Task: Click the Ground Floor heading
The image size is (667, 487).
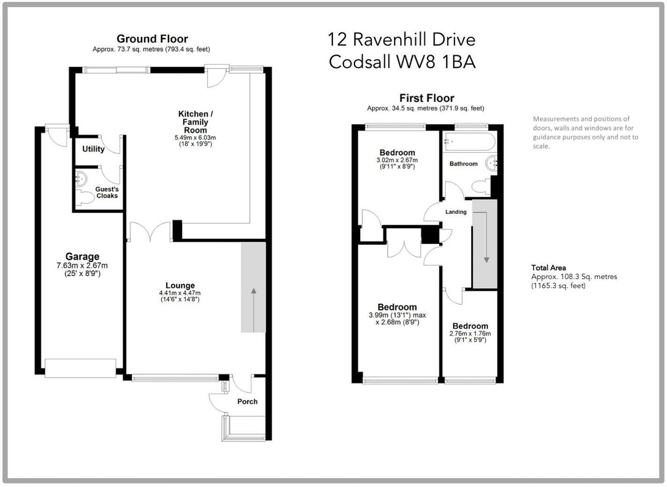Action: click(x=152, y=39)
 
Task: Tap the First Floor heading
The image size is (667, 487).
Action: click(x=427, y=98)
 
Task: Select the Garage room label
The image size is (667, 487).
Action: click(x=82, y=256)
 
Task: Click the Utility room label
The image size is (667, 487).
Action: click(x=93, y=149)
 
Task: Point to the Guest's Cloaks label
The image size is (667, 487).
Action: click(x=107, y=192)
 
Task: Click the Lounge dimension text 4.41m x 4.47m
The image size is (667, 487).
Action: click(x=180, y=293)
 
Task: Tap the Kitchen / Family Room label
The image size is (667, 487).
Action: click(x=195, y=122)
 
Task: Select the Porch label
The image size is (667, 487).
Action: click(x=247, y=402)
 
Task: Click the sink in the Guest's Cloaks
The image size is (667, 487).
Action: click(x=81, y=178)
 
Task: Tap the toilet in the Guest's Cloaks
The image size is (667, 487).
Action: click(x=85, y=197)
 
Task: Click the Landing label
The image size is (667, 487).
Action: click(x=456, y=212)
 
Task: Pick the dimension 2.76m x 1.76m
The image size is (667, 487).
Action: click(x=470, y=334)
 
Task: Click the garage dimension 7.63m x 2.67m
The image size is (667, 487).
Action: click(x=82, y=266)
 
